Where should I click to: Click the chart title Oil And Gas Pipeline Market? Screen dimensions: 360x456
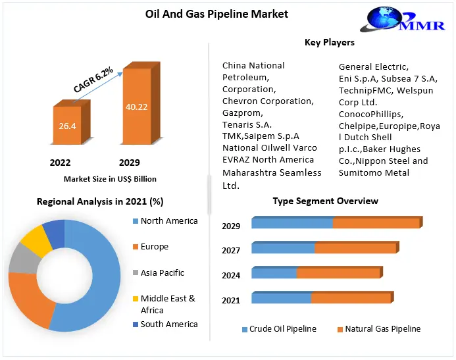point(207,13)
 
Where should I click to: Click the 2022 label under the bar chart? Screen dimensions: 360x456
point(60,162)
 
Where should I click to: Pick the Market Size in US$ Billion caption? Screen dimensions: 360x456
point(110,178)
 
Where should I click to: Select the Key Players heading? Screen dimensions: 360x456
point(330,43)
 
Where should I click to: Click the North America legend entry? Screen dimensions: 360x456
point(168,221)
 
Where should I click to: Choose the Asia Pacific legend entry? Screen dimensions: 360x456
point(162,272)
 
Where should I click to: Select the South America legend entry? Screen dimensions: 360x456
point(168,324)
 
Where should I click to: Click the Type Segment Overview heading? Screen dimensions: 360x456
point(325,201)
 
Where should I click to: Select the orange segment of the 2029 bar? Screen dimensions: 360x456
point(376,223)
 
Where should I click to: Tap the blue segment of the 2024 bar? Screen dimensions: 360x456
point(274,272)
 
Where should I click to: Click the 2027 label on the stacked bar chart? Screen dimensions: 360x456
point(231,251)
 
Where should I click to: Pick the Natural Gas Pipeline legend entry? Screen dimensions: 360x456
point(383,329)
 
